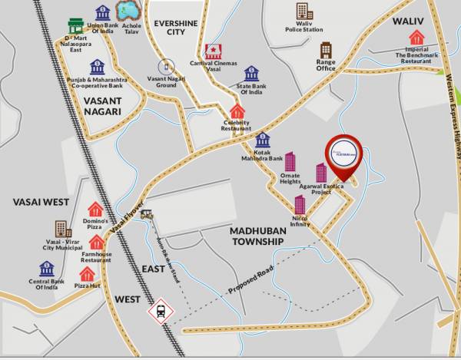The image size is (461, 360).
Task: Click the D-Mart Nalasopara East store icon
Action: [x=75, y=26]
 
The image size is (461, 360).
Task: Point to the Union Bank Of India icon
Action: [x=102, y=13]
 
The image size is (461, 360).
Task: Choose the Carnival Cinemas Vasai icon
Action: [x=213, y=52]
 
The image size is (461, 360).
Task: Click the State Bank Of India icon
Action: [x=251, y=74]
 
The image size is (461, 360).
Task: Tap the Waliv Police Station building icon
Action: [x=304, y=12]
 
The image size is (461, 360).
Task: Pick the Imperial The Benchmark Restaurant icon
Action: [x=416, y=37]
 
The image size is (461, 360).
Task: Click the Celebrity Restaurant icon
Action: [x=237, y=111]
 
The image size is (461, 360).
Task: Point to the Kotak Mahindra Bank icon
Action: [x=263, y=140]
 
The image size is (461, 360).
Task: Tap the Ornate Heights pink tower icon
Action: [x=290, y=162]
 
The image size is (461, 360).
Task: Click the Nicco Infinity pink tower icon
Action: [x=300, y=204]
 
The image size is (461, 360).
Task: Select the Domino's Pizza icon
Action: [x=95, y=209]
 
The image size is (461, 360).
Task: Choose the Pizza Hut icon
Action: [x=88, y=274]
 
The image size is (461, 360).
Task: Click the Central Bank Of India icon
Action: [x=47, y=269]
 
